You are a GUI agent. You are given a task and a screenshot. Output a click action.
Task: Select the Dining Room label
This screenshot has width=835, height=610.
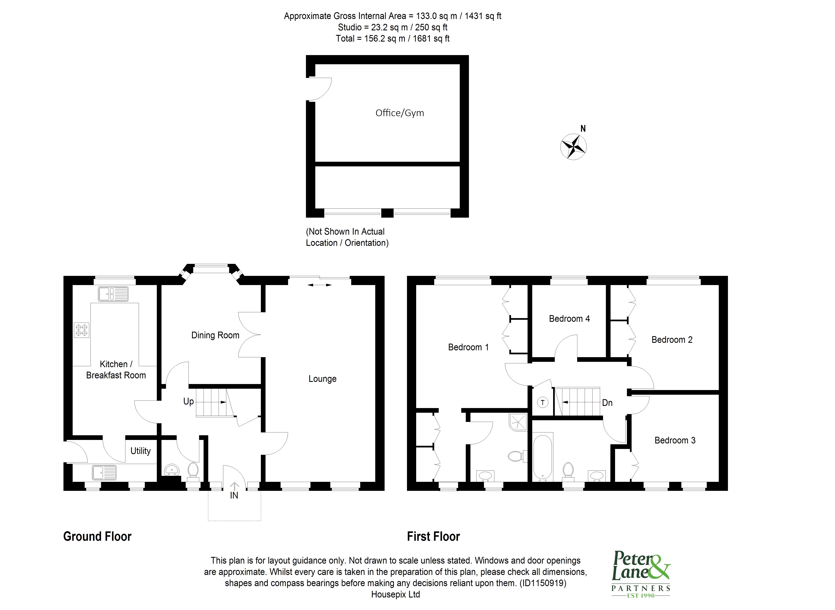pyautogui.click(x=215, y=335)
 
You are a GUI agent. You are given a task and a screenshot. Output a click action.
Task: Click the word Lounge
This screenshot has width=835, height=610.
pyautogui.click(x=322, y=379)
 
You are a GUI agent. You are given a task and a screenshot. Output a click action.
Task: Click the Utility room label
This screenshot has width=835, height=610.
pyautogui.click(x=140, y=451)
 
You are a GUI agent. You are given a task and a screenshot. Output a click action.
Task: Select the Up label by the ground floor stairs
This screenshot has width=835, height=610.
pyautogui.click(x=188, y=401)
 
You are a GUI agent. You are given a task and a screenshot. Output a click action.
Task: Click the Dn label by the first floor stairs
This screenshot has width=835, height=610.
pyautogui.click(x=607, y=403)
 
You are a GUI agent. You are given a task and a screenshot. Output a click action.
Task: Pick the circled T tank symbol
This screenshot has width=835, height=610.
pyautogui.click(x=542, y=403)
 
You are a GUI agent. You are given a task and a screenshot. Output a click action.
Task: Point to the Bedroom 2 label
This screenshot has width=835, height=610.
pyautogui.click(x=672, y=340)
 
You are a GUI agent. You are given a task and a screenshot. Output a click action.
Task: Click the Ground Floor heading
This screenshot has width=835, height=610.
pyautogui.click(x=97, y=537)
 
